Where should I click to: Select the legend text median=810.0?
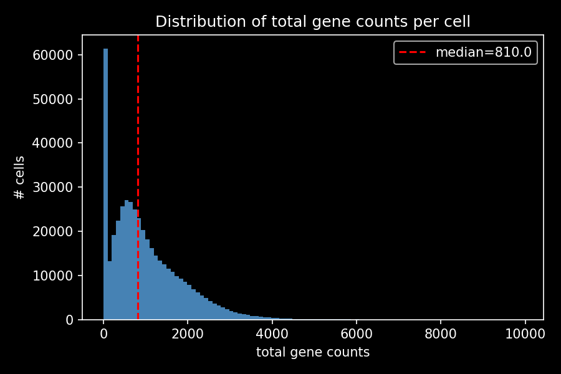pos(483,52)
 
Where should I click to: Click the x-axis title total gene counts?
pos(313,352)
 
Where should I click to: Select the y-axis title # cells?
pos(20,178)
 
